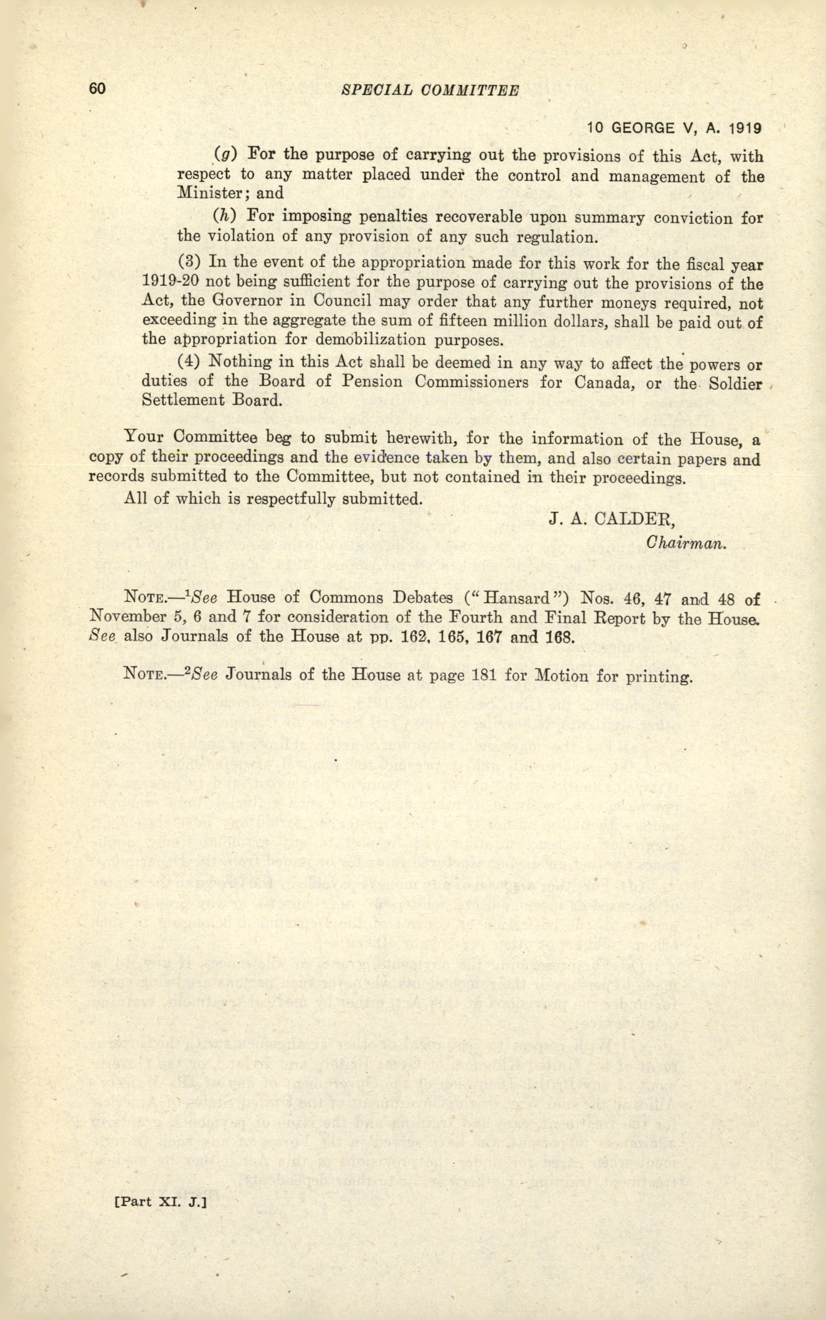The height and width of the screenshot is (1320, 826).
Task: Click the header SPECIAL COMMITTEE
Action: click(429, 91)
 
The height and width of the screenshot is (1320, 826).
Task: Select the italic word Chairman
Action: click(686, 543)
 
